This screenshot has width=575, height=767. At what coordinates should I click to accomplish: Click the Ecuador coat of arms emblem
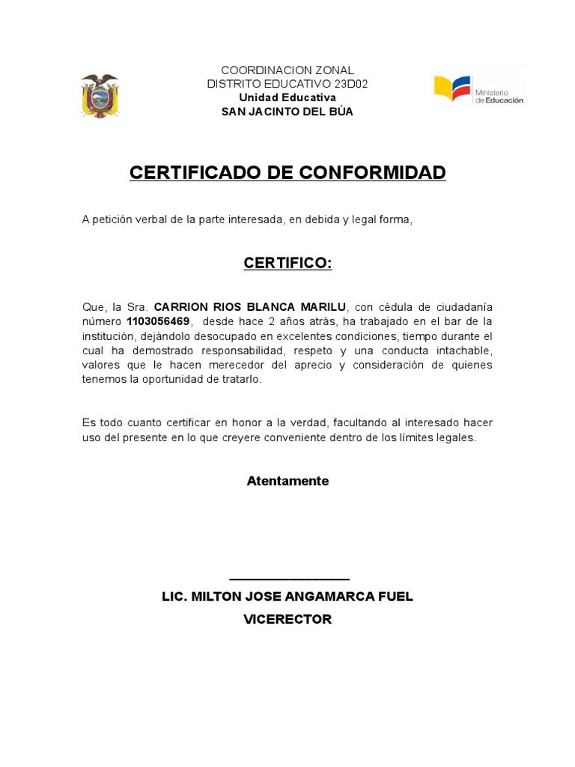coord(100,95)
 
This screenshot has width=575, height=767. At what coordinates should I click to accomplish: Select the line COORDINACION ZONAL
coord(287,70)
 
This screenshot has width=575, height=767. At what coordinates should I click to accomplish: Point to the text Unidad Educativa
coord(287,97)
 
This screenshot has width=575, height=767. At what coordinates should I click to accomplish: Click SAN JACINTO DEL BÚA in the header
coord(287,112)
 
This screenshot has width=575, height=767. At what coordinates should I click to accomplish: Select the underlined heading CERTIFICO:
coord(287,264)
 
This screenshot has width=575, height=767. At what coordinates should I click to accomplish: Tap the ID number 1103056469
coord(158,321)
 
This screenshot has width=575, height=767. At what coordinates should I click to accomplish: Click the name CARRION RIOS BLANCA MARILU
coord(250,307)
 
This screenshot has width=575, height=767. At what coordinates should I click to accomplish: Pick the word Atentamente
coord(287,481)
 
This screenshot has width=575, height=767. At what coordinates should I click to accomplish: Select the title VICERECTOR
coord(287,619)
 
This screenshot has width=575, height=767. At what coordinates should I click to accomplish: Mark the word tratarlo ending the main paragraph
coord(239,379)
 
